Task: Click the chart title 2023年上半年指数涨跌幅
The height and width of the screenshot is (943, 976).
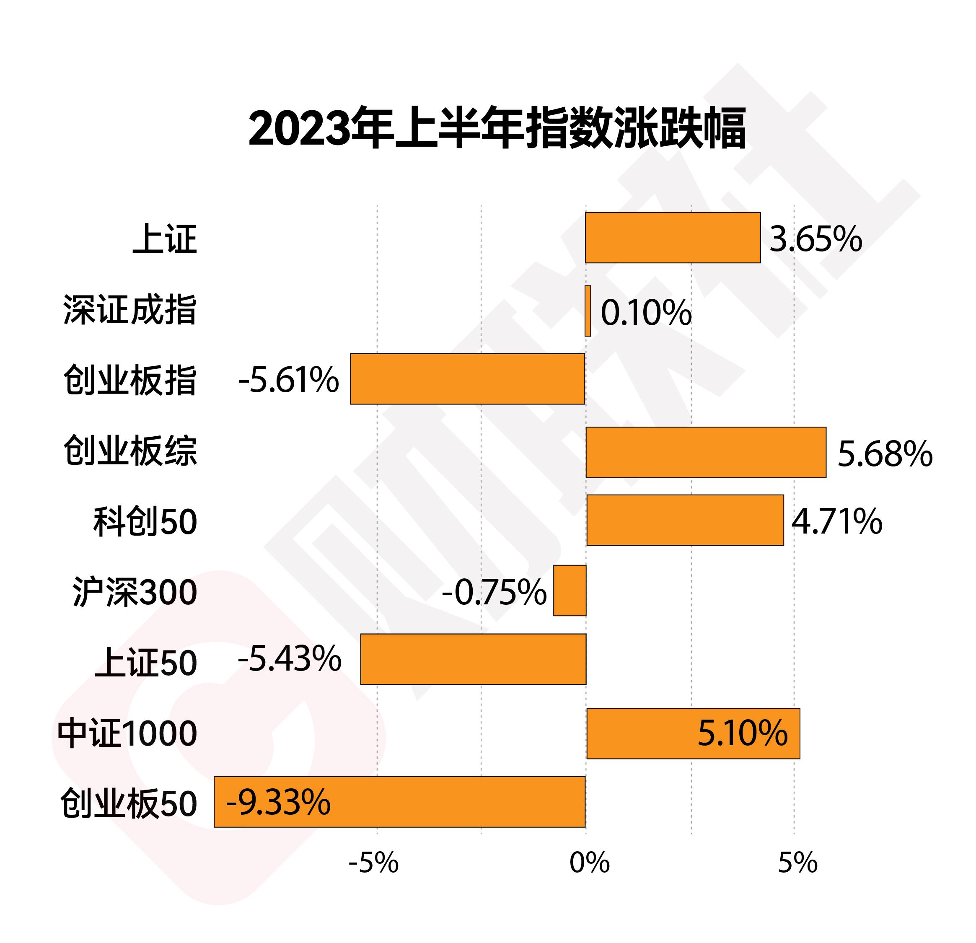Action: point(497,128)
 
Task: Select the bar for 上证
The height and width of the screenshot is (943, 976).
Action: point(672,238)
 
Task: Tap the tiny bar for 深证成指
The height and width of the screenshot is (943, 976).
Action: point(588,311)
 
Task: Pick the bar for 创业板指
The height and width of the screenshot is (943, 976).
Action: point(467,379)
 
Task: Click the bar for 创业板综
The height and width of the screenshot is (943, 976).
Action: point(706,452)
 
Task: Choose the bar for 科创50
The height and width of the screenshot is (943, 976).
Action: point(685,520)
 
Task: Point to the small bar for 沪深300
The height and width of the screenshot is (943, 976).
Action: point(570,591)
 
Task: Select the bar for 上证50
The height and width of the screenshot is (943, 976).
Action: point(473,659)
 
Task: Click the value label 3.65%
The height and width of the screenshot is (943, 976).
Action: point(815,239)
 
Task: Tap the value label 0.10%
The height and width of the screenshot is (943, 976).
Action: point(646,313)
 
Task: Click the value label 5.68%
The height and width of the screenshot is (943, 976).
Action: point(885,454)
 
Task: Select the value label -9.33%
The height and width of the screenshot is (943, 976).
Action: point(278,802)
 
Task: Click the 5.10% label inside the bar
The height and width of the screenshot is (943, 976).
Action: point(743,733)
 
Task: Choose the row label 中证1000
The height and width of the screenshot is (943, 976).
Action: point(127,733)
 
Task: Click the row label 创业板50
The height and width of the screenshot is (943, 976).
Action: point(129,803)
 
